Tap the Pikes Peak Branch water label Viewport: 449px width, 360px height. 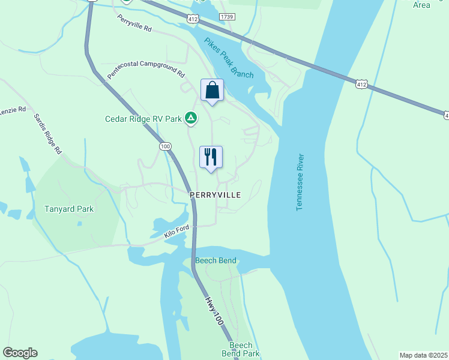(x=229, y=58)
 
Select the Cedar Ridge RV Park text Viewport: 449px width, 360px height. (x=143, y=119)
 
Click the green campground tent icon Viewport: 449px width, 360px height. (x=190, y=118)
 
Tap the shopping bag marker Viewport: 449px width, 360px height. (x=211, y=91)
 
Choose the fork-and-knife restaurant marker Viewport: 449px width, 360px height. (x=211, y=158)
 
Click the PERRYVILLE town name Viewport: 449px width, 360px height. (x=215, y=195)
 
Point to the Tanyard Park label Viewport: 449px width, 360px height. (x=70, y=209)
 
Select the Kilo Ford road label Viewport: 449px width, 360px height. (x=176, y=232)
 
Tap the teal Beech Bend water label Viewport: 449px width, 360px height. (x=215, y=260)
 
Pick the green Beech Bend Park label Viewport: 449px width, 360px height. (x=245, y=350)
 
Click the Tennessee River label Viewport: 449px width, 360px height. (x=300, y=182)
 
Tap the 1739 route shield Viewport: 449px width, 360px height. (x=226, y=17)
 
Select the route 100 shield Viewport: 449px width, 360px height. (x=166, y=146)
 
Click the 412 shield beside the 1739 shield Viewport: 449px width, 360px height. (x=192, y=19)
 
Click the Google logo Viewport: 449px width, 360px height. (x=20, y=353)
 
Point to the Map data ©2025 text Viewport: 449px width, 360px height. (x=423, y=355)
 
